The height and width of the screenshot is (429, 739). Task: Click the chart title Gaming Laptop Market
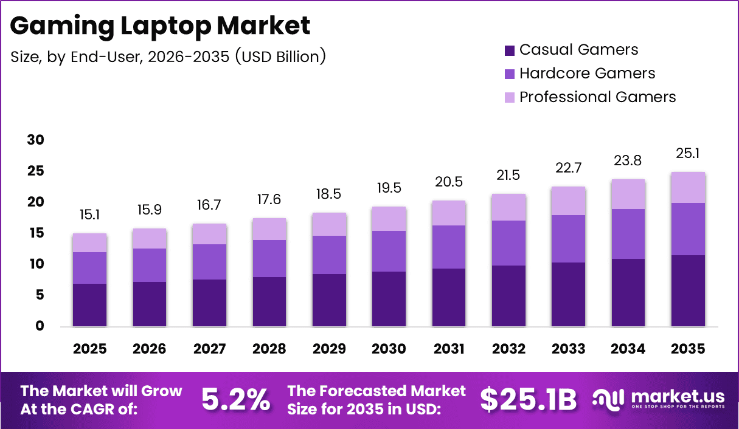pos(161,26)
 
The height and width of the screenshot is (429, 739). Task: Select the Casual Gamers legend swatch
pos(510,50)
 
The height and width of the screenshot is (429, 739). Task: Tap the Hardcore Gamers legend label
pos(587,74)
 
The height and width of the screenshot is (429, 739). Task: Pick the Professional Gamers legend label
pos(597,97)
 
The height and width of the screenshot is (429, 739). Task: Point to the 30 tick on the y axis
pos(36,140)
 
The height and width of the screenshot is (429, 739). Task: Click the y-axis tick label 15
pos(36,233)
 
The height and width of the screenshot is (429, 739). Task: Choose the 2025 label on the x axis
pos(89,349)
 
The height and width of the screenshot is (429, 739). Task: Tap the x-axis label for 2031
pos(449,349)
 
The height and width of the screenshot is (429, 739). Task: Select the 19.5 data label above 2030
pos(389,188)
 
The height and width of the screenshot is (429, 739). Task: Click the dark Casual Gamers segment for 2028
pos(269,301)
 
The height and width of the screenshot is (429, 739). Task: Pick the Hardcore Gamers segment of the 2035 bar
pos(688,228)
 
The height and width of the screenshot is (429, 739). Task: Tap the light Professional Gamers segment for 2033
pos(568,201)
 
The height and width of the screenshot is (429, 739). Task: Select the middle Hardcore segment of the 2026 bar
pos(149,265)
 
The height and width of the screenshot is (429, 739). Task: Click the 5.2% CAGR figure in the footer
pos(235,399)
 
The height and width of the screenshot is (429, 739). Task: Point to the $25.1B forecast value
pos(528,399)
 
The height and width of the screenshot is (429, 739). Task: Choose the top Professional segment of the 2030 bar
pos(389,219)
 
